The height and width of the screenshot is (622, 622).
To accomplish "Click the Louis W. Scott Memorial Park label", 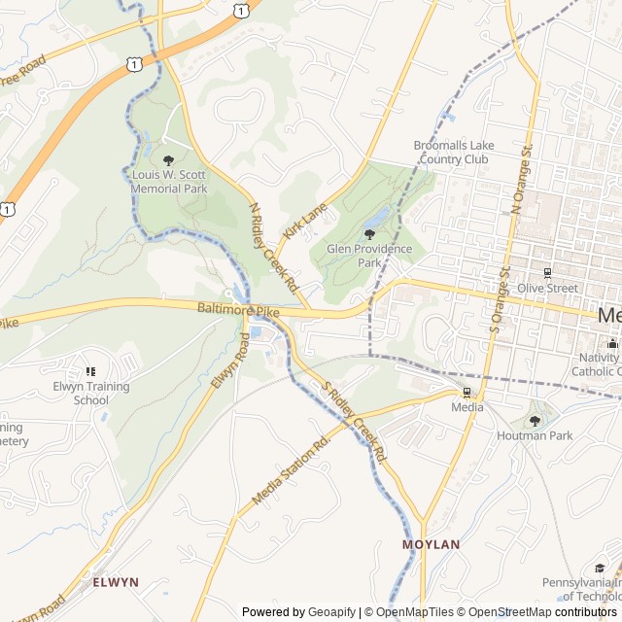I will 170,182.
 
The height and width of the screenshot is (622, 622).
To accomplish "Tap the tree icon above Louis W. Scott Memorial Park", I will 169,160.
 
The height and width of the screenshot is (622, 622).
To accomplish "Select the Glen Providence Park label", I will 369,256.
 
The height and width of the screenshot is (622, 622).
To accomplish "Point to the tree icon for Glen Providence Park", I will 369,234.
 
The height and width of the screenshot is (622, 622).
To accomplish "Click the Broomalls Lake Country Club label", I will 454,152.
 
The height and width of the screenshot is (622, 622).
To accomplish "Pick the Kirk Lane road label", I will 305,223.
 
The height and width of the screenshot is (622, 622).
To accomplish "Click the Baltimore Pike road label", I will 238,309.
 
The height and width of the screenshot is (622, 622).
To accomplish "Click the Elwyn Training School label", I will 91,393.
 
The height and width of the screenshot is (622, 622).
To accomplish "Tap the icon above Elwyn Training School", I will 91,371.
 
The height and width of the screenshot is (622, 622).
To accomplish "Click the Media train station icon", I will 466,393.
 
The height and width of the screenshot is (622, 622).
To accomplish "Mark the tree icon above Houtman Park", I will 534,421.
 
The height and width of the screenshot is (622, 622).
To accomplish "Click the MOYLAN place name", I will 431,545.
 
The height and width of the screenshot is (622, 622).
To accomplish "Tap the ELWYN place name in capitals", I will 116,582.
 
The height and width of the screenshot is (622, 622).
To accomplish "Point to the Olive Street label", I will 547,289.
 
